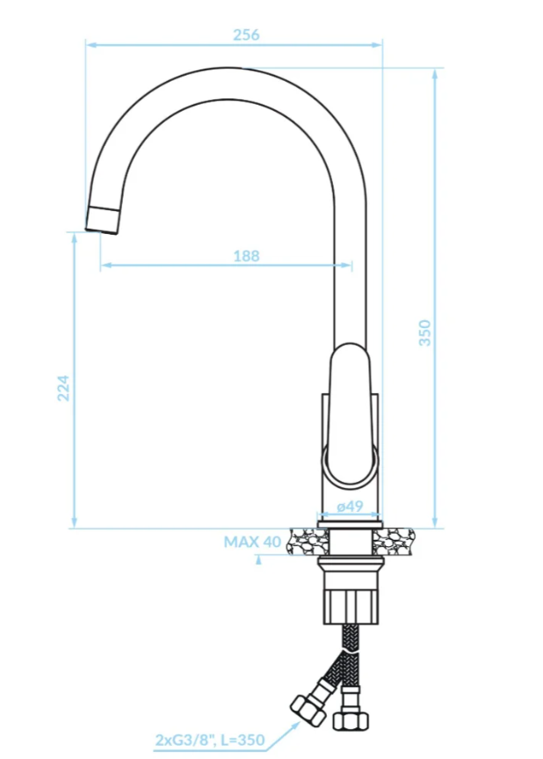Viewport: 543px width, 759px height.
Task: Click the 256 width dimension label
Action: (246, 35)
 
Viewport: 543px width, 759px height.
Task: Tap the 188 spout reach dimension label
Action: (246, 256)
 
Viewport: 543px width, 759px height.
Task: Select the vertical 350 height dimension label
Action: (424, 332)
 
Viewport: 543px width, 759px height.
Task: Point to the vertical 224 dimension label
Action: (63, 388)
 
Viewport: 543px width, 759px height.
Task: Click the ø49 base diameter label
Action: (350, 507)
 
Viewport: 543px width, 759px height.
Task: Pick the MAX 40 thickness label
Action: (252, 542)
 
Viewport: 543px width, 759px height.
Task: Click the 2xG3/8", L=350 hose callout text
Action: (210, 740)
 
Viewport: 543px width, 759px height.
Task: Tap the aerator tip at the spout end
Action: (103, 220)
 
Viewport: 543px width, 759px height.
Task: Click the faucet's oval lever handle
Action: (350, 415)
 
